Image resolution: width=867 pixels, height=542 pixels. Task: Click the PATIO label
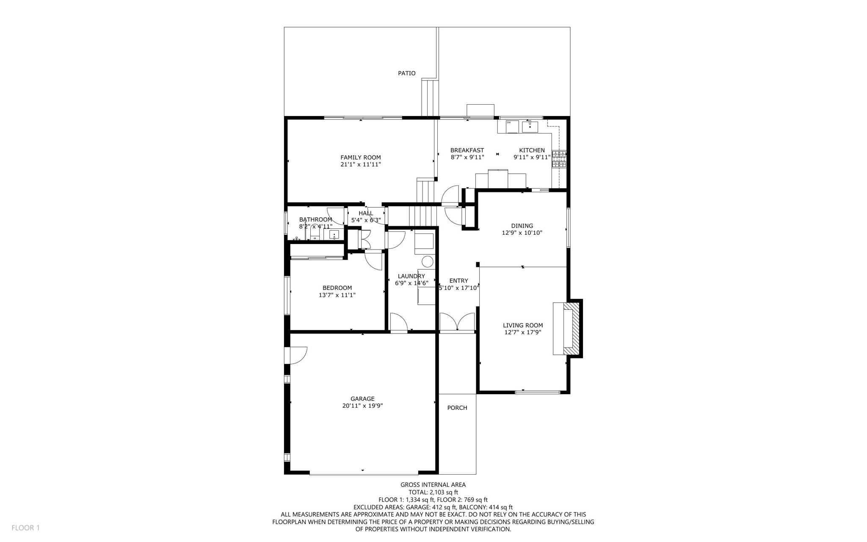(406, 73)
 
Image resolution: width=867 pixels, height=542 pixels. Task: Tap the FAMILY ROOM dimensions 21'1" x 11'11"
(361, 164)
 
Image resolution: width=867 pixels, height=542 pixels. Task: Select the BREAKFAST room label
(467, 150)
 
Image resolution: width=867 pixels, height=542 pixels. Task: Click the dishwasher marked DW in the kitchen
(512, 126)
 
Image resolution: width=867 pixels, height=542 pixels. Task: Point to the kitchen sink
(530, 126)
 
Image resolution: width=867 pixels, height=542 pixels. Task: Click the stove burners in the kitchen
(559, 159)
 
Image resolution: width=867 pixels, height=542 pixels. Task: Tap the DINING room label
(522, 226)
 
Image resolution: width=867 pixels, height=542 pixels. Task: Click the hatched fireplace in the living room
(572, 328)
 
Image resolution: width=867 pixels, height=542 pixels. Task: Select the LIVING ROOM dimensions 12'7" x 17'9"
(523, 332)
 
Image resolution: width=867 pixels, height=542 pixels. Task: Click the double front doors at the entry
(457, 322)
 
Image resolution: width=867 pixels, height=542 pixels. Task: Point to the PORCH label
(457, 408)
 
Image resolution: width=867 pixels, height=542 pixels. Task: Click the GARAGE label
(362, 398)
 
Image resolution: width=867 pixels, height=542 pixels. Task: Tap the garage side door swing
(298, 355)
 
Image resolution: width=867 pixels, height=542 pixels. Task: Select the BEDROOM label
(337, 288)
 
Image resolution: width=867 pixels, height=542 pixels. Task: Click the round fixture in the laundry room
(428, 261)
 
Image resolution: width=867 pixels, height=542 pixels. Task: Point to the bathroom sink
(334, 234)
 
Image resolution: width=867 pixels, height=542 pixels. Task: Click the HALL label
(366, 213)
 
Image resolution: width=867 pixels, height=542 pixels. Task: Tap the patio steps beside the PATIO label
(430, 97)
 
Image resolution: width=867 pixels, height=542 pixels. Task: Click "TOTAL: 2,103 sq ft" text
(433, 492)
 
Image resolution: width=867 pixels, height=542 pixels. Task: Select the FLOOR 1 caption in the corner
(25, 528)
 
